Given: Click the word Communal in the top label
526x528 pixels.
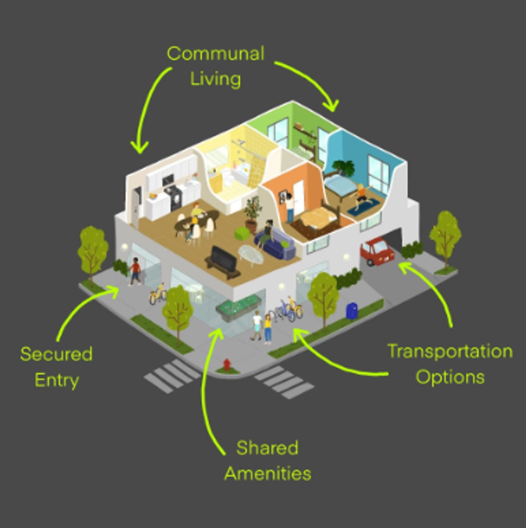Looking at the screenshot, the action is point(215,53).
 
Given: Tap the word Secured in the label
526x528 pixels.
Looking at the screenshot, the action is point(56,354).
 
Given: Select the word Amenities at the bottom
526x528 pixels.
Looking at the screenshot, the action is point(268,473).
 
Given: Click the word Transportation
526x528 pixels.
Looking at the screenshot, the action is point(450,351).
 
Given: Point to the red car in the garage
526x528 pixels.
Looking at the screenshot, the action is point(377,252).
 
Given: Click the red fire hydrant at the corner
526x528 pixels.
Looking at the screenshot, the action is point(227,365).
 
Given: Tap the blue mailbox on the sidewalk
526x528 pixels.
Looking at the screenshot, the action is point(352,311).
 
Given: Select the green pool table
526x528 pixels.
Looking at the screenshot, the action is point(238,306).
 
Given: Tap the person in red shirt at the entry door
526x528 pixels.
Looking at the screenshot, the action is point(135,272).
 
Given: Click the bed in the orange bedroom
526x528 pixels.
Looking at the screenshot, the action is point(318,219).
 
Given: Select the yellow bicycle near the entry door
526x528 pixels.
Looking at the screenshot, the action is point(158,294).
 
